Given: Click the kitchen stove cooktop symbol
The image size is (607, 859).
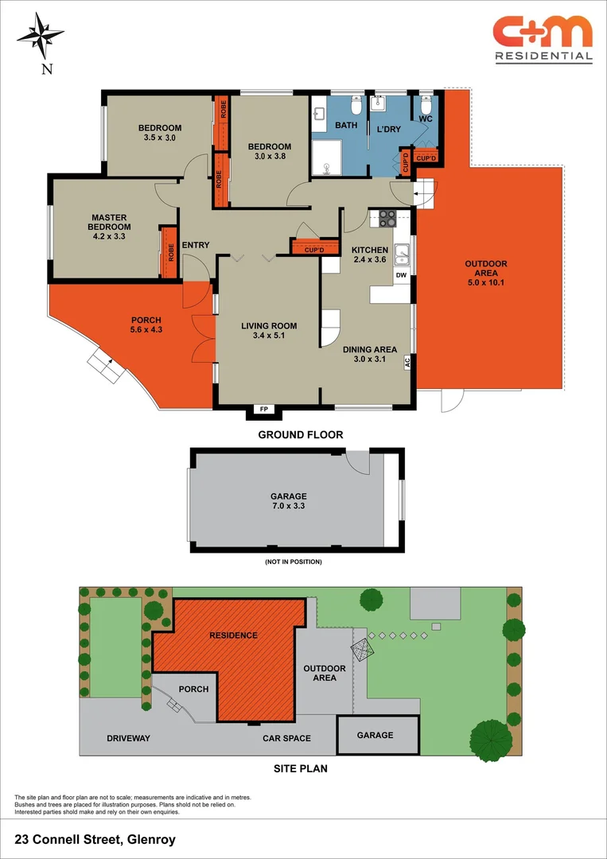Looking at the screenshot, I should coord(387,218).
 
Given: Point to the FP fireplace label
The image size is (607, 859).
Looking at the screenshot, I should coord(264,410).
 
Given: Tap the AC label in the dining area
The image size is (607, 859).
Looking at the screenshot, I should coord(407,362).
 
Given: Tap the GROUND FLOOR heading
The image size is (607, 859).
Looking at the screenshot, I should coord(300,435).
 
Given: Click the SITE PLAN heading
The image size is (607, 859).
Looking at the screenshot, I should coord(301,769).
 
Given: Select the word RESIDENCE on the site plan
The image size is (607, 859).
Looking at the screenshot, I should coord(233,636).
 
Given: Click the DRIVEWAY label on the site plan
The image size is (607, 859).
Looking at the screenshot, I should coord(128,738).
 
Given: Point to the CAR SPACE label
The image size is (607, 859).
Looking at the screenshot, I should coord(286,738).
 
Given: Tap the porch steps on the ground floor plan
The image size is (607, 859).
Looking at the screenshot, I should coord(104,364).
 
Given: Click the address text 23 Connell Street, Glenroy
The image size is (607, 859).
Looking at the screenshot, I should coord(95,839).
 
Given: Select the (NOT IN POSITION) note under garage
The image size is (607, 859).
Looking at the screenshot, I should coord(293,562).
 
